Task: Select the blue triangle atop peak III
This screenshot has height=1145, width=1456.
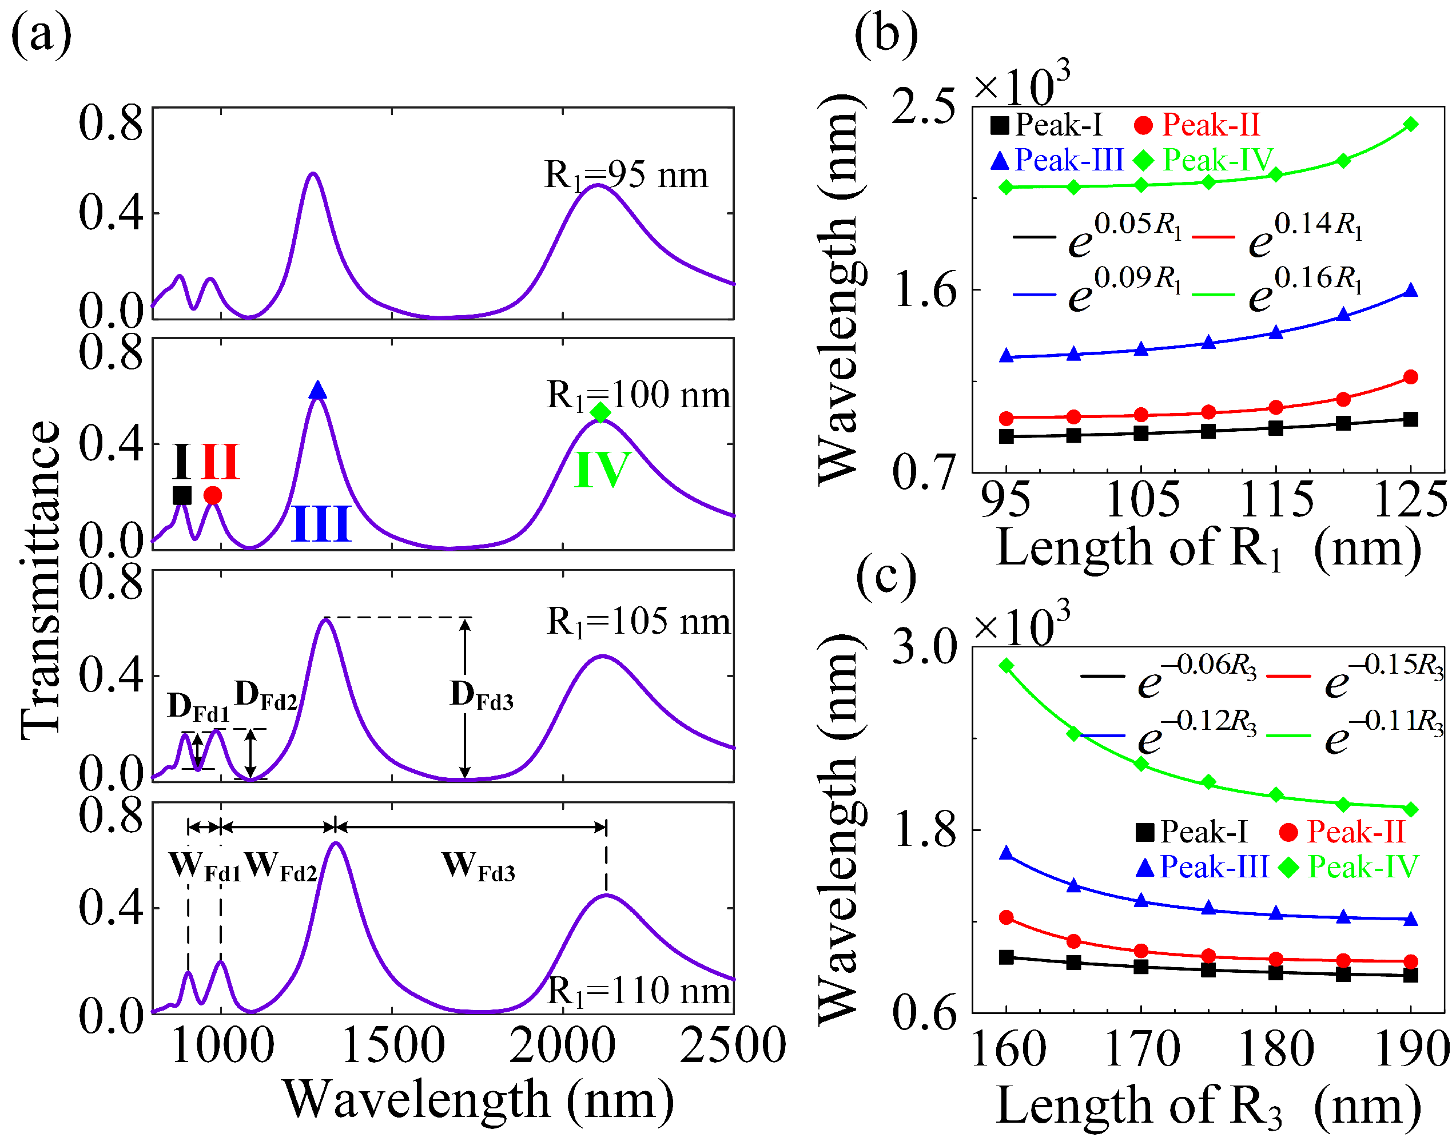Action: [x=318, y=390]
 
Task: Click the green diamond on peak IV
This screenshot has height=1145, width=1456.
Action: [x=600, y=413]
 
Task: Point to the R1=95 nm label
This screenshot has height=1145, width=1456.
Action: [x=626, y=176]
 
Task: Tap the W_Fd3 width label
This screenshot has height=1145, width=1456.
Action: [x=478, y=866]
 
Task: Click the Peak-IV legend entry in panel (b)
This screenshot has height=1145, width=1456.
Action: [x=1203, y=160]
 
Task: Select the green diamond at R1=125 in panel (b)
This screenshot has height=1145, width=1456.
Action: [x=1410, y=125]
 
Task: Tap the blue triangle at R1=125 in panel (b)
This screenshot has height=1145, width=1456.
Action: [x=1410, y=291]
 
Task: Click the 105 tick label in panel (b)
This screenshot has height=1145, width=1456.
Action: [x=1142, y=500]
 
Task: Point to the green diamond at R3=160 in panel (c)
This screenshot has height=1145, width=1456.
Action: [x=1006, y=666]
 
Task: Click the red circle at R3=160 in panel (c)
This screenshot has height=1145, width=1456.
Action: [x=1006, y=917]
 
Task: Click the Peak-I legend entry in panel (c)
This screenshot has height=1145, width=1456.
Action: [x=1191, y=832]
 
